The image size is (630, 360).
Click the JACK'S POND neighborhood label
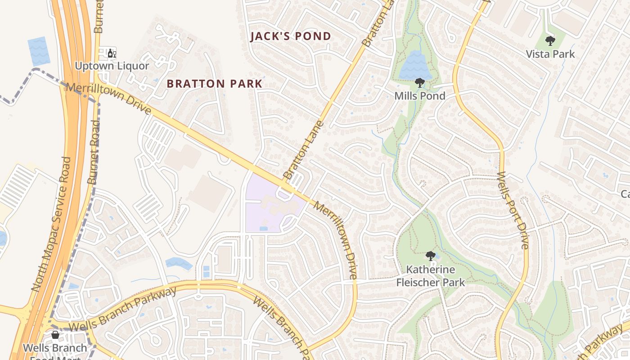point(291,36)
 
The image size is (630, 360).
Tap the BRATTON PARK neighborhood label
point(214,84)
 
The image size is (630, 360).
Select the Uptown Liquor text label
point(112,66)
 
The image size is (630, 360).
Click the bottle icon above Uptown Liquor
point(112,54)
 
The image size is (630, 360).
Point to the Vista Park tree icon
point(550,41)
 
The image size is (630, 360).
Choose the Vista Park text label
point(550,54)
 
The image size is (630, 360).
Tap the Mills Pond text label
point(419,96)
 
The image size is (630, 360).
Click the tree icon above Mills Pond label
point(419,83)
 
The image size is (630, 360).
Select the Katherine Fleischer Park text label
point(430,276)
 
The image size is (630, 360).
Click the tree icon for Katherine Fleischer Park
point(430,256)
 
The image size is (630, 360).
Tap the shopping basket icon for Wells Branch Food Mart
point(55,335)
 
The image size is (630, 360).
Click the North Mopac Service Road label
point(52,224)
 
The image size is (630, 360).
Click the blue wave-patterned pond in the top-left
point(38,50)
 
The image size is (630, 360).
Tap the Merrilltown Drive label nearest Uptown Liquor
point(108,99)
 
